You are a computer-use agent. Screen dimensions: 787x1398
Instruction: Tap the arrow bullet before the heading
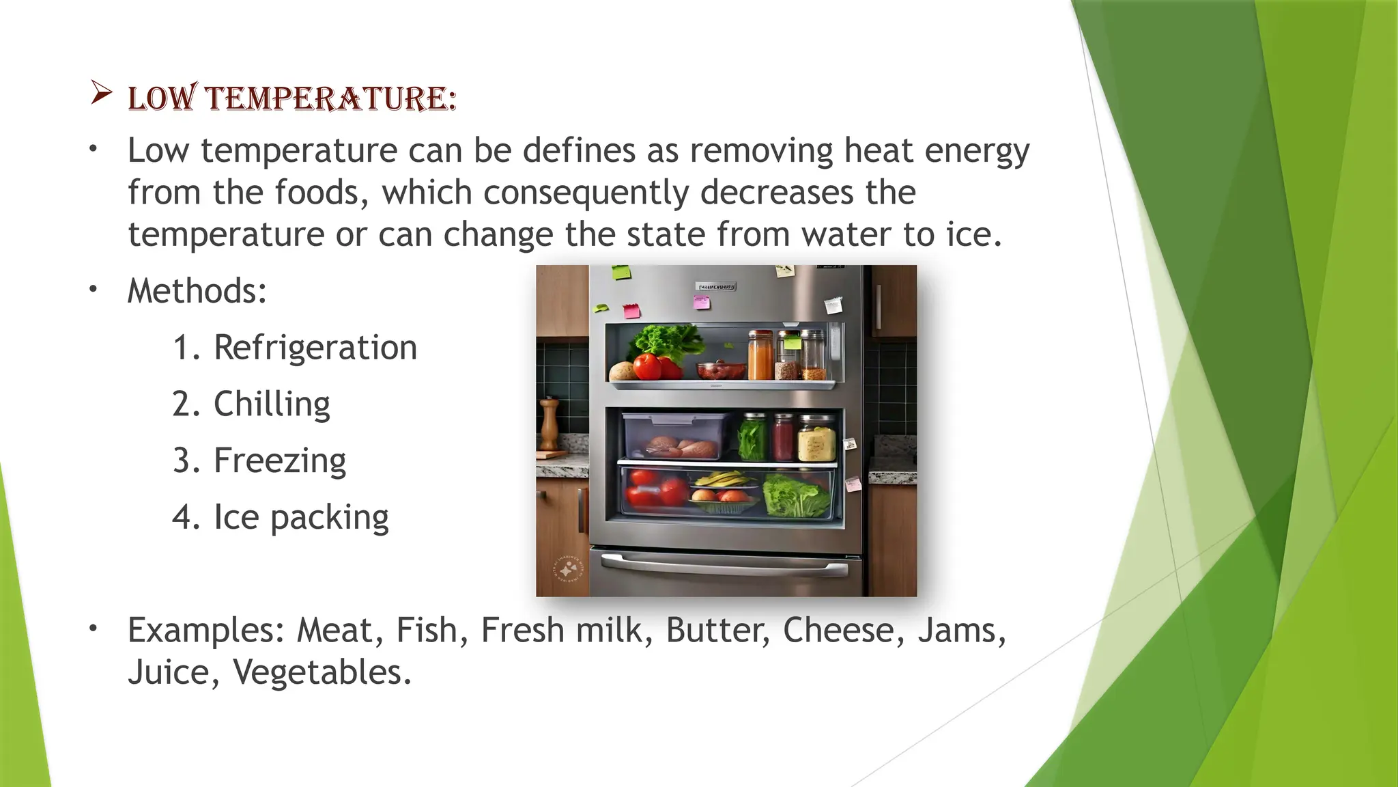tap(101, 93)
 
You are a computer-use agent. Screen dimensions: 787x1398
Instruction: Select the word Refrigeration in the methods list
tap(315, 348)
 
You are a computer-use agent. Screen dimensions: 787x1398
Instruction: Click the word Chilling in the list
tap(272, 404)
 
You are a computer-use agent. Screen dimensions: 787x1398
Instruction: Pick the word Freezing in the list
tap(280, 461)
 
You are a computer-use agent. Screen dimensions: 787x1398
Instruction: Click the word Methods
tap(197, 291)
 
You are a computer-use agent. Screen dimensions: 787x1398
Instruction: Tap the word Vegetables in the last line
tap(322, 672)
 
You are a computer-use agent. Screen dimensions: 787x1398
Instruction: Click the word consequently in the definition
tap(586, 193)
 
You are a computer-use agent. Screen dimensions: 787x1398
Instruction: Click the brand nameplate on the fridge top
tap(715, 287)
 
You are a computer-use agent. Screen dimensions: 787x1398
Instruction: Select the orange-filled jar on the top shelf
tap(760, 357)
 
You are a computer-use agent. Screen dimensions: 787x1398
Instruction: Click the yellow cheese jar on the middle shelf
tap(816, 440)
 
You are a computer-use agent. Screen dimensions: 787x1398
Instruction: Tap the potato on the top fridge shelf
tap(622, 372)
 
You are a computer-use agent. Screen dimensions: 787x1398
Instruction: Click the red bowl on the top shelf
tap(721, 370)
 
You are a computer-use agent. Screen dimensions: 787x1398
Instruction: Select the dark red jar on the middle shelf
tap(784, 439)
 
